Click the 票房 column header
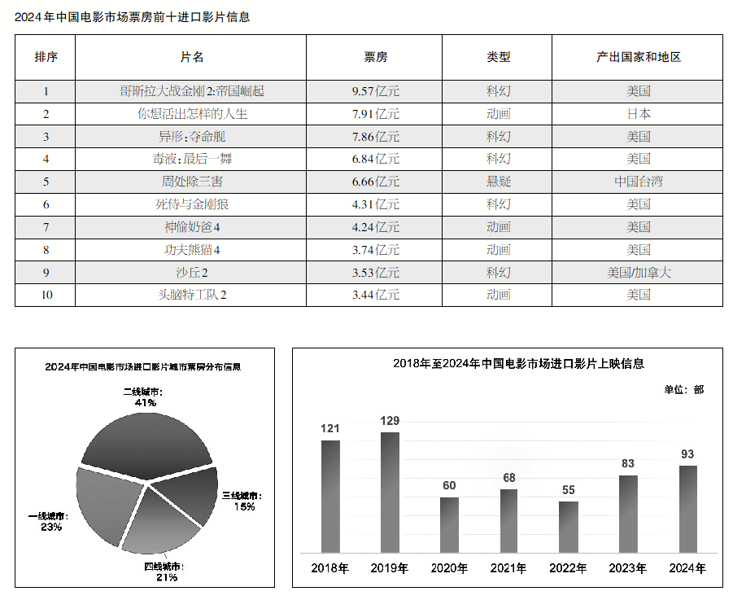coord(375,57)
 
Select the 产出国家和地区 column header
coord(638,57)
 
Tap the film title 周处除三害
coord(192,182)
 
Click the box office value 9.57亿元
coord(375,91)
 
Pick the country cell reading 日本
coord(638,114)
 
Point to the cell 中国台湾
coord(638,182)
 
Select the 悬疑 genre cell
coord(498,182)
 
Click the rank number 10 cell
coord(46,295)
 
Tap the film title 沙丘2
coord(192,273)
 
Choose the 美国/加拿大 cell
coord(638,273)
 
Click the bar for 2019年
coord(390,492)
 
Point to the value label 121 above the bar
coord(329,428)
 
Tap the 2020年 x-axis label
coord(449,568)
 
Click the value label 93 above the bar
coord(687,453)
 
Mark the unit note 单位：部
coord(683,390)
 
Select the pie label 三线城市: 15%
coord(242,501)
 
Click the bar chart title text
coord(507,364)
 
